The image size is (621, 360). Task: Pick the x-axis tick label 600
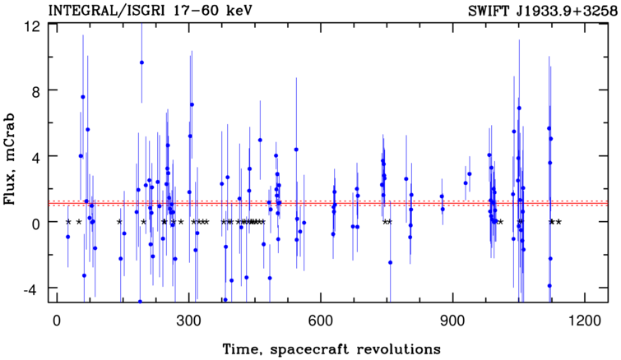(x=320, y=321)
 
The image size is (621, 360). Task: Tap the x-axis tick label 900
(x=452, y=321)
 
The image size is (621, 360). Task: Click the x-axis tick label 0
(x=57, y=321)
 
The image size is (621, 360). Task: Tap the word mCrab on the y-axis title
(x=10, y=137)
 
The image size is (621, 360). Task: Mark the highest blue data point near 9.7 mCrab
(x=141, y=62)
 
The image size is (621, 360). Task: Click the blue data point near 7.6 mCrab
(x=83, y=97)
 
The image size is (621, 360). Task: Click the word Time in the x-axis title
(x=243, y=350)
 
